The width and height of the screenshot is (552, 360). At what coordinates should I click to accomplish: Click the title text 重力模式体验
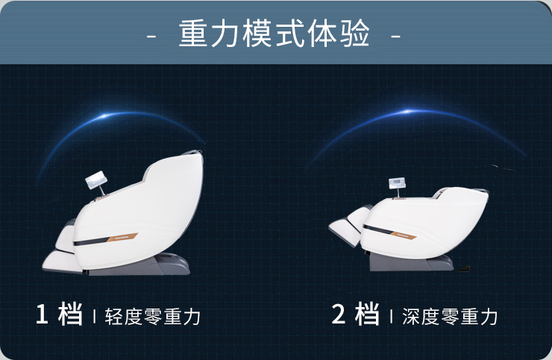tap(275, 34)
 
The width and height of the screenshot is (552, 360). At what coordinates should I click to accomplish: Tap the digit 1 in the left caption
tap(42, 314)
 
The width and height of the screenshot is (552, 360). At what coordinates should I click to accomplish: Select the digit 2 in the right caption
tap(339, 314)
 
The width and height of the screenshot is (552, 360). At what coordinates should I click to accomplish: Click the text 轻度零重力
tap(152, 316)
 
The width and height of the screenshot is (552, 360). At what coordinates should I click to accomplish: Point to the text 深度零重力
tap(450, 316)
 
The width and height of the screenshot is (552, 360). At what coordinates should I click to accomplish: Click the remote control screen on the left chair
tap(96, 180)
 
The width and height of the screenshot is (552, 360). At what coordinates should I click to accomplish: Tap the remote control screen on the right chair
tap(397, 183)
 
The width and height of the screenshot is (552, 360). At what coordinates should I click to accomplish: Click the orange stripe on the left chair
tap(122, 238)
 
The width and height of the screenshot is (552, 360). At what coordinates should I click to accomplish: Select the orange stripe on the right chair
tap(404, 235)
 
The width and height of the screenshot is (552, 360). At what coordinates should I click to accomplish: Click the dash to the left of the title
tap(151, 37)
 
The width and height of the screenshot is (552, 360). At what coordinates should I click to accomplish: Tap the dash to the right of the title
tap(395, 37)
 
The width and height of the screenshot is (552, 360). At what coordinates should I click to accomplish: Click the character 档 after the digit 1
tap(70, 314)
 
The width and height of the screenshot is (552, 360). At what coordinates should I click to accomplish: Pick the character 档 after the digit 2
tap(367, 314)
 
